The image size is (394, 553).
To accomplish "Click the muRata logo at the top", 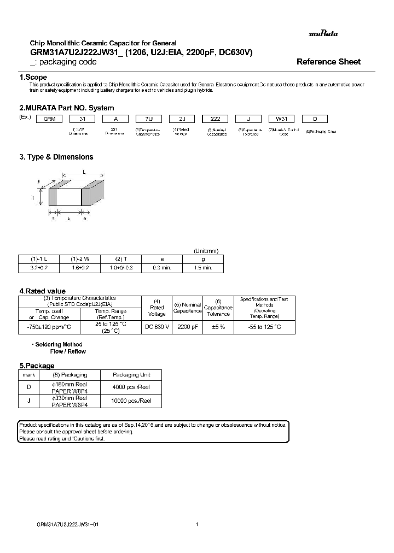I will (x=324, y=34).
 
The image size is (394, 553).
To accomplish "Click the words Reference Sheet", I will (x=328, y=62).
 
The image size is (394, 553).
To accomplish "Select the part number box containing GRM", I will (x=49, y=119).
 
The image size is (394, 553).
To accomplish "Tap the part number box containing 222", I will (x=216, y=119).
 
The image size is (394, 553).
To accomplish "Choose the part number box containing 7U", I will (x=148, y=119).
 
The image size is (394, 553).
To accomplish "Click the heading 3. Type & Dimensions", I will (x=56, y=157).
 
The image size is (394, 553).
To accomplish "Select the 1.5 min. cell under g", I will (x=202, y=268).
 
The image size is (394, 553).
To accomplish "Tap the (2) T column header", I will (x=120, y=259).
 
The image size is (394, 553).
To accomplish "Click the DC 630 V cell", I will (x=157, y=327).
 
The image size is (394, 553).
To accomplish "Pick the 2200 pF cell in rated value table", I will (x=188, y=327).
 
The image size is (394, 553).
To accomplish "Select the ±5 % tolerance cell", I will (x=218, y=327).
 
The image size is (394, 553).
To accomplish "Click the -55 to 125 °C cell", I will (x=265, y=327).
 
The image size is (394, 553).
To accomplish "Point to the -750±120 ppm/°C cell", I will (x=49, y=327).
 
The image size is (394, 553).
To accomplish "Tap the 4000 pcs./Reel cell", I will (x=131, y=387).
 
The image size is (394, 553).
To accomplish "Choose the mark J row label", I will (x=28, y=401).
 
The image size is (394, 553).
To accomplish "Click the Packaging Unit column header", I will (x=131, y=375).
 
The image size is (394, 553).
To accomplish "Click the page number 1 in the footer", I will (x=196, y=524).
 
